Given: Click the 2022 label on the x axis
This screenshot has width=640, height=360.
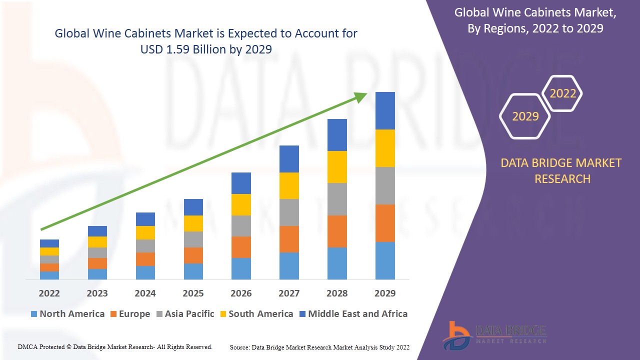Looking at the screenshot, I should click(49, 293).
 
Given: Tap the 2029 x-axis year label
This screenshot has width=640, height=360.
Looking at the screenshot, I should click(385, 293).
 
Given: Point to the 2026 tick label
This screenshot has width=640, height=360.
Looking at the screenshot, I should click(241, 293).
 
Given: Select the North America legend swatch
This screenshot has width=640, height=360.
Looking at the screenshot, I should click(34, 314).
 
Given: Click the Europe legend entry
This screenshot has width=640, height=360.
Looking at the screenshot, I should click(129, 314).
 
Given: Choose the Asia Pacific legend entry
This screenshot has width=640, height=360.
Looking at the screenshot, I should click(185, 314).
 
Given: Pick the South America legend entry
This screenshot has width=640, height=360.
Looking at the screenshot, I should click(255, 314).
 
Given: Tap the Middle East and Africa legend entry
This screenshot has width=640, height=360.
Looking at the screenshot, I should click(352, 314).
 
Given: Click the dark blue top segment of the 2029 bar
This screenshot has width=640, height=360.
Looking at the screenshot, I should click(385, 110).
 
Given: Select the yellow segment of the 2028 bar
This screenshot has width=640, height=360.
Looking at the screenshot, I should click(337, 166).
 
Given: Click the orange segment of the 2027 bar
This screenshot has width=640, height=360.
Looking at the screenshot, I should click(289, 239).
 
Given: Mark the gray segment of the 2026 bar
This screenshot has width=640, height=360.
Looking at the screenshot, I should click(241, 225).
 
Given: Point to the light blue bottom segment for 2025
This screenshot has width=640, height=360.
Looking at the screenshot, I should click(193, 271).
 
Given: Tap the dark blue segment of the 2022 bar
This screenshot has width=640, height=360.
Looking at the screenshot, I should click(49, 243).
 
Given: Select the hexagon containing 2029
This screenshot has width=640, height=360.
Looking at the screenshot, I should click(525, 116).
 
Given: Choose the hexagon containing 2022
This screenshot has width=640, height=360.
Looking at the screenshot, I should click(562, 93).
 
